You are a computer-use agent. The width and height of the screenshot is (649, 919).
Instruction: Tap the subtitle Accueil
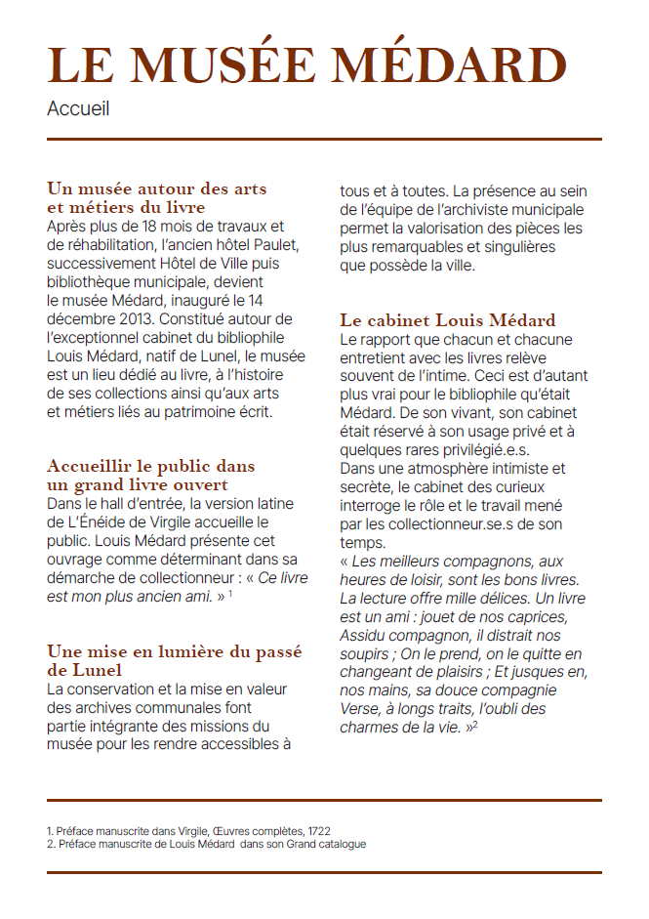(78, 108)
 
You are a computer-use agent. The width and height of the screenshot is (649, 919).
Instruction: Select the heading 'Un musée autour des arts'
(156, 188)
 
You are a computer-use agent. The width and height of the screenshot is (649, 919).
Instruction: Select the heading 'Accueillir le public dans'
(150, 466)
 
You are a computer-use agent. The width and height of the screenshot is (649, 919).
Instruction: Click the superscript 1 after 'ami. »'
(230, 595)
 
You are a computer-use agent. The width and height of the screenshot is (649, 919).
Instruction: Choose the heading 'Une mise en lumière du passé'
(174, 651)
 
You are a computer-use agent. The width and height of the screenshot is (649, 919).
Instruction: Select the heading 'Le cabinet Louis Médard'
(447, 320)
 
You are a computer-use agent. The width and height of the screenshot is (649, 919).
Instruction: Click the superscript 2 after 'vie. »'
(474, 725)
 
